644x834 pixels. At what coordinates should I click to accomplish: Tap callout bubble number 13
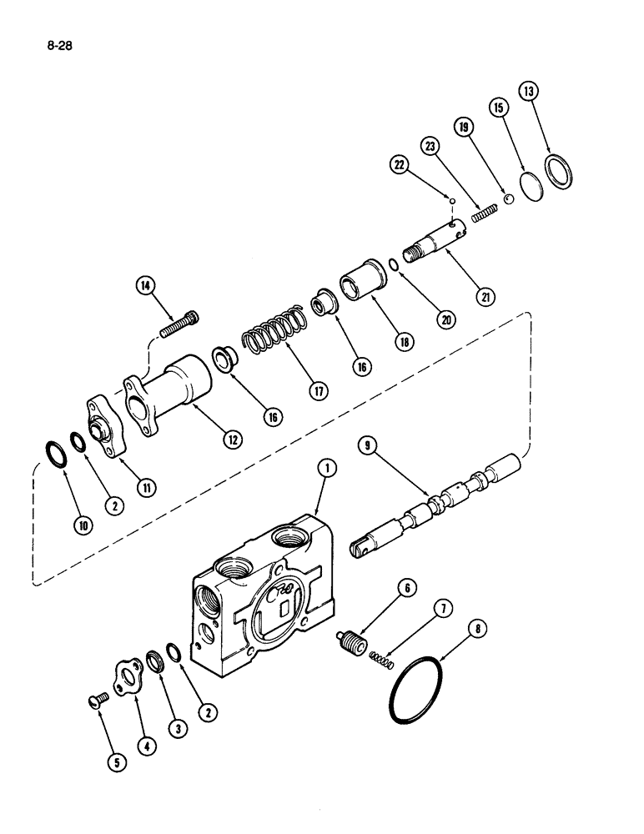click(x=528, y=92)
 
